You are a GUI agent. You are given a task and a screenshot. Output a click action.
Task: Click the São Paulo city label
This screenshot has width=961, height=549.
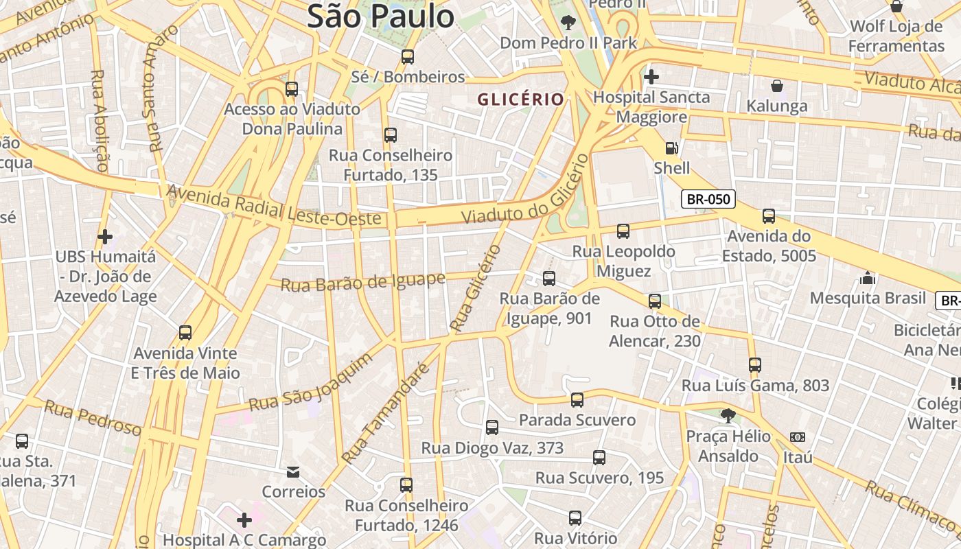pyautogui.click(x=380, y=16)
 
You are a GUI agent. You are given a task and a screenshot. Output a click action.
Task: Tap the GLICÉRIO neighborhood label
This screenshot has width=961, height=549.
pyautogui.click(x=520, y=100)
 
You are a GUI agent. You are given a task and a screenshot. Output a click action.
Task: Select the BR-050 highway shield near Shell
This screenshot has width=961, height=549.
pyautogui.click(x=708, y=200)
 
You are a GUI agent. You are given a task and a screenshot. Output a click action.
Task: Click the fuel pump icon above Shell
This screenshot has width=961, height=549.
pyautogui.click(x=671, y=148)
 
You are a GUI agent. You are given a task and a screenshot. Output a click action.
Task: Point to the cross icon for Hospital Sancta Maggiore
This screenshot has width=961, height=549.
pyautogui.click(x=651, y=76)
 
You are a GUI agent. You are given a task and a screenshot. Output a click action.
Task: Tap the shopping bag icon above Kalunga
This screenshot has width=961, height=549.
pyautogui.click(x=776, y=86)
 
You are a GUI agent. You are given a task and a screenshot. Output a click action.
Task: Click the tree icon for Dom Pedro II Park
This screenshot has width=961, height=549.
pyautogui.click(x=568, y=23)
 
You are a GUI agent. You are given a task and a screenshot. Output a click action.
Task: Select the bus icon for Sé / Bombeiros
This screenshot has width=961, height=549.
pyautogui.click(x=408, y=57)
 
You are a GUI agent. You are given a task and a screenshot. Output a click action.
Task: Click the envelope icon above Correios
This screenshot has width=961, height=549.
pyautogui.click(x=293, y=471)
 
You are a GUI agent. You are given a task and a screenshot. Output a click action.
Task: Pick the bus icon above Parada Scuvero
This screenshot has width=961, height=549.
pyautogui.click(x=577, y=399)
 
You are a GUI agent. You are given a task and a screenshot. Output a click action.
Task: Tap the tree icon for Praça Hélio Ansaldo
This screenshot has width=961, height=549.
pyautogui.click(x=728, y=415)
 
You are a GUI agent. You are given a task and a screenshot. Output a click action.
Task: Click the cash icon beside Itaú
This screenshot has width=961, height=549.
pyautogui.click(x=797, y=436)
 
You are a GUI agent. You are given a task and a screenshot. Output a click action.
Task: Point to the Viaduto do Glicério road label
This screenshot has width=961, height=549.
pyautogui.click(x=525, y=189)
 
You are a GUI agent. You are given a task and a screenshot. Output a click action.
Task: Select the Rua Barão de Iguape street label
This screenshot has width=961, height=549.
pyautogui.click(x=363, y=282)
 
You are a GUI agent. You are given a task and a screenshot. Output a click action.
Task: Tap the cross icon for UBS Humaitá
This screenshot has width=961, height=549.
pyautogui.click(x=105, y=237)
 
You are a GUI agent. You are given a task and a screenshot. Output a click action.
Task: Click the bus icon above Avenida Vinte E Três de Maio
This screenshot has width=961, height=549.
pyautogui.click(x=185, y=333)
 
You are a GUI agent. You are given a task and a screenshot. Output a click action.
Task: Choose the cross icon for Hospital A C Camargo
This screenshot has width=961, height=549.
pyautogui.click(x=244, y=519)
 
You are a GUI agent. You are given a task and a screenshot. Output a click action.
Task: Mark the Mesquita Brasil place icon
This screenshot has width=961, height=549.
pyautogui.click(x=868, y=278)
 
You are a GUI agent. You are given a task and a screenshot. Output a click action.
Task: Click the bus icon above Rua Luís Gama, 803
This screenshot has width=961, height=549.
pyautogui.click(x=755, y=365)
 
